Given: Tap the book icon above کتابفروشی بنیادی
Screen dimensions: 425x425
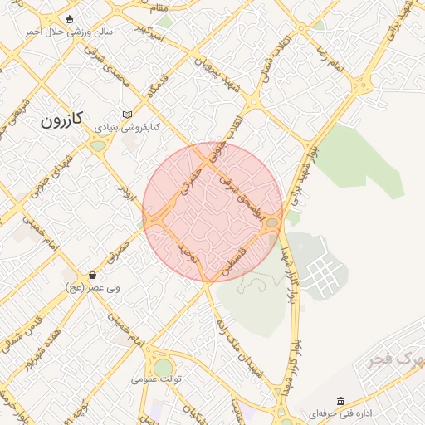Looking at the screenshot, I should click(126, 115).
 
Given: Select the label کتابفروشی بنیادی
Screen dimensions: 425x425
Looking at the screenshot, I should click(125, 128).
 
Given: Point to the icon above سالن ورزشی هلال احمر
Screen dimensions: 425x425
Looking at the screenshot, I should click(68, 19).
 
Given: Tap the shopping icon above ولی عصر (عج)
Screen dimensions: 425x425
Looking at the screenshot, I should click(91, 275).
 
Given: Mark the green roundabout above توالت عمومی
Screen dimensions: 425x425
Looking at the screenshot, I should click(164, 364).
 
